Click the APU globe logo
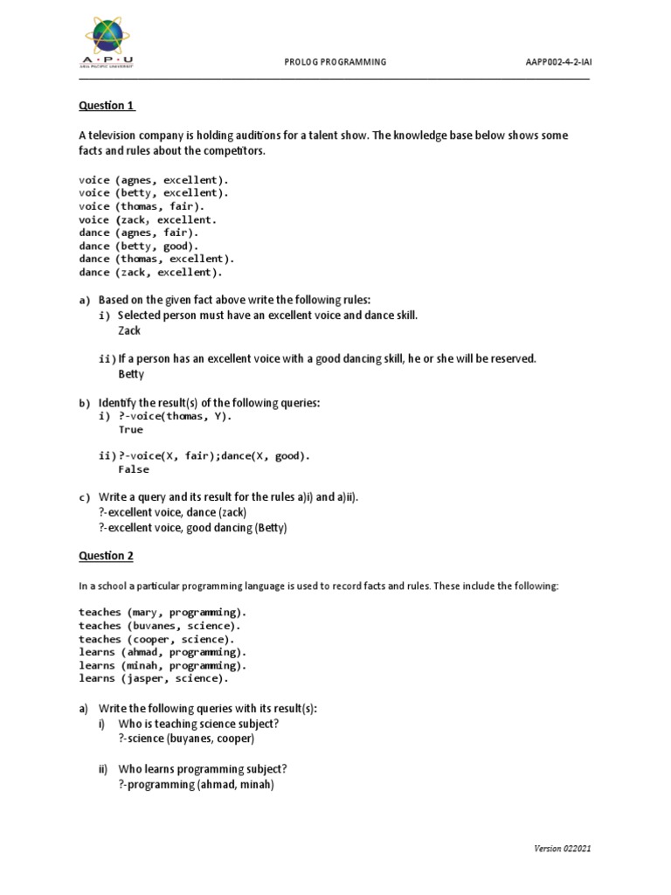(111, 40)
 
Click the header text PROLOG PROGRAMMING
(335, 63)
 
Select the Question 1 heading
(107, 106)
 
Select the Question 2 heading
(107, 556)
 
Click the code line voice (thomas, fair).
(142, 206)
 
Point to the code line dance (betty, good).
(138, 246)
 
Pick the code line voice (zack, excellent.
(147, 220)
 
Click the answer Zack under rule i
(129, 331)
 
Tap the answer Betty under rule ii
(131, 374)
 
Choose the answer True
(131, 430)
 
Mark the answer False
(134, 469)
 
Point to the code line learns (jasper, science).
(154, 678)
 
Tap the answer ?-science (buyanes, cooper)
(186, 739)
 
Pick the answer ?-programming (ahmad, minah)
(197, 785)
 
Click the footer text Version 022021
(567, 849)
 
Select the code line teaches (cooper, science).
(156, 639)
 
